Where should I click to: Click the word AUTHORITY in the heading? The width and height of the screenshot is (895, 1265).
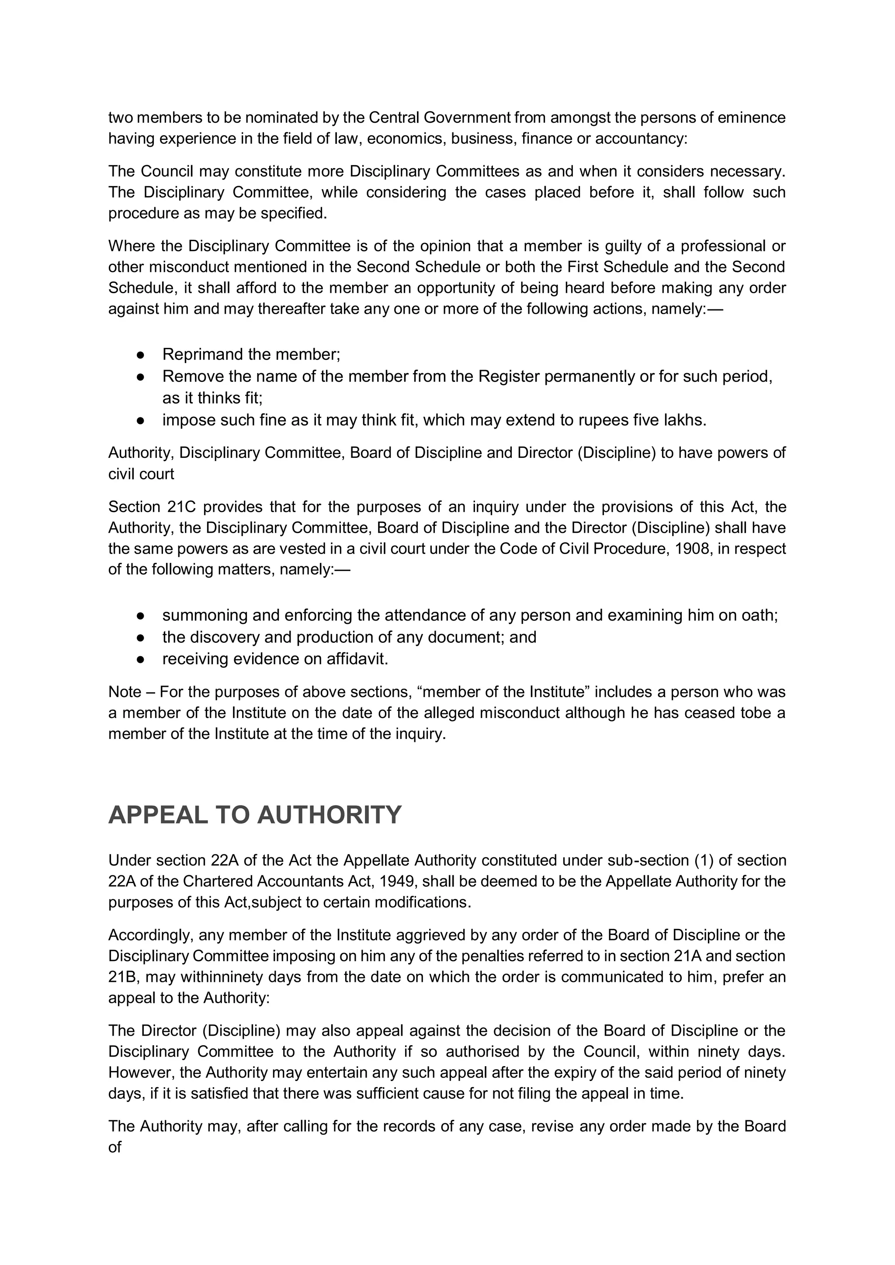tap(329, 815)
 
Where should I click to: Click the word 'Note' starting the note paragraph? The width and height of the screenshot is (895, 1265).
tap(125, 692)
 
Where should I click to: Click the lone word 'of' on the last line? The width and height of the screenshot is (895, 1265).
tap(114, 1147)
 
